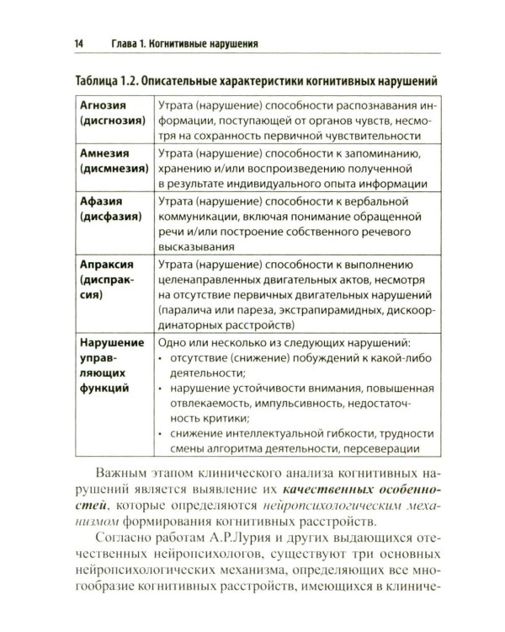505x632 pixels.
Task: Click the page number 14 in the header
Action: tap(56, 41)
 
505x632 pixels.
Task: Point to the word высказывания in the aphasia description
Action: tap(196, 247)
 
